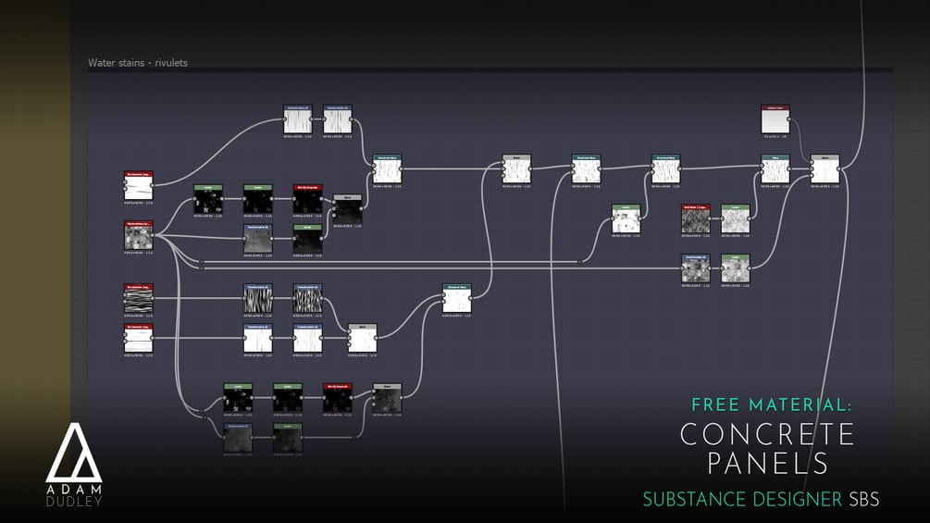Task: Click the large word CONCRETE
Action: (768, 434)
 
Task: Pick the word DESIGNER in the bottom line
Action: (797, 499)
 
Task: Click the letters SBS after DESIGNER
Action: (863, 499)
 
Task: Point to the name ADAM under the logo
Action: (73, 488)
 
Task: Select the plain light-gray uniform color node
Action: (775, 119)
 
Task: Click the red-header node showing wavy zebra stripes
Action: (139, 298)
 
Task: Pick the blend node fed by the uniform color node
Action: (825, 169)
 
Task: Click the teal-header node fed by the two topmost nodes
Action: (387, 169)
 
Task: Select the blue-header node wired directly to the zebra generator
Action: (257, 298)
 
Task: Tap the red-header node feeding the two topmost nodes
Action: (139, 185)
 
